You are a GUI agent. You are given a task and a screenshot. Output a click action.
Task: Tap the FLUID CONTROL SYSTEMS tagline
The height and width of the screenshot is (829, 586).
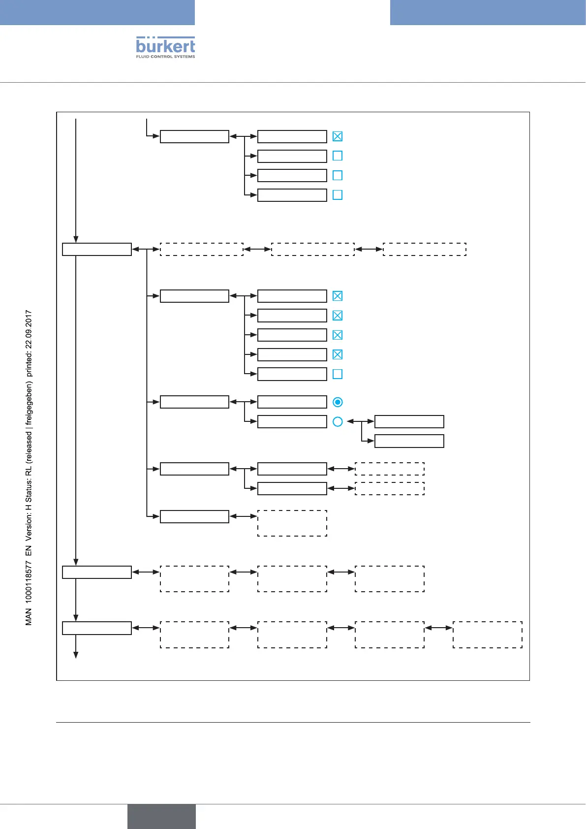(165, 57)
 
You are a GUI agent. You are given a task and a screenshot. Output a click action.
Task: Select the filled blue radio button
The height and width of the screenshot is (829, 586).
(338, 402)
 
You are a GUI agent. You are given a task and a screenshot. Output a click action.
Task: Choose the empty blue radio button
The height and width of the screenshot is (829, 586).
(338, 422)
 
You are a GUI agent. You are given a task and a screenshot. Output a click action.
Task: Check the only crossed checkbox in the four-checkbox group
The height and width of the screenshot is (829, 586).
(338, 136)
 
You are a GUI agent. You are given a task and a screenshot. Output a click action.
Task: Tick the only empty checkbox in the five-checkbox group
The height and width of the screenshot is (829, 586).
(338, 374)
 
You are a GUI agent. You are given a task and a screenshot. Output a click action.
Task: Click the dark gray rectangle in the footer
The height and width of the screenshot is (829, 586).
(161, 816)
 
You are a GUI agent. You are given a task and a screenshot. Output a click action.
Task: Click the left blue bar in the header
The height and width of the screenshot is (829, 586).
(97, 12)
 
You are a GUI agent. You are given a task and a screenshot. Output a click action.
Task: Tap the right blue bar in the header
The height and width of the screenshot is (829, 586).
(488, 12)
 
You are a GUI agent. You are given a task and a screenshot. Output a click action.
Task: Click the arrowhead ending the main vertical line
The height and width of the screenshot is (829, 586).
(76, 655)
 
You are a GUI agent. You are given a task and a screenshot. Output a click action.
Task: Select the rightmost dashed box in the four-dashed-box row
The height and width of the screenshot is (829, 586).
(487, 635)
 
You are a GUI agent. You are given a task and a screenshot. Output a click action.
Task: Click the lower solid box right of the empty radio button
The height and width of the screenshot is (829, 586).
(409, 441)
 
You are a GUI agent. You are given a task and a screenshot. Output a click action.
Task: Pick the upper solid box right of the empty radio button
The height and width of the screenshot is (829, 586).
(409, 421)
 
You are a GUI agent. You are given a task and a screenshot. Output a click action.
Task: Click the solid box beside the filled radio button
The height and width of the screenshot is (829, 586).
(292, 402)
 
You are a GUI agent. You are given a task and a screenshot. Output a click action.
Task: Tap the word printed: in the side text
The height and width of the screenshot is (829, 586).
(29, 365)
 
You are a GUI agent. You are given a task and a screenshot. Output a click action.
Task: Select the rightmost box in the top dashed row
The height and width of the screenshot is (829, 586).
(424, 249)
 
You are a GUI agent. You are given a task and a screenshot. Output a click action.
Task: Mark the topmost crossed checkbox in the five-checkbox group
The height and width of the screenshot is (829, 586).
(338, 296)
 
